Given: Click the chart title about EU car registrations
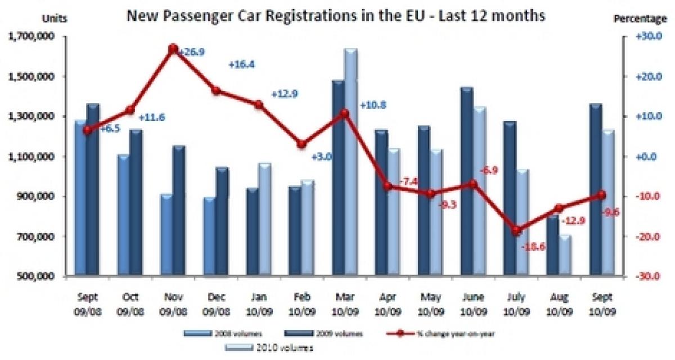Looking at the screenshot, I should pos(335,16).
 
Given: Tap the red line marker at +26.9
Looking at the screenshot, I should pos(173,49).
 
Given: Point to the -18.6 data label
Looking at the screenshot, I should pos(532,246).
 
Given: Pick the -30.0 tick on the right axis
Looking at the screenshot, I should pos(646,277).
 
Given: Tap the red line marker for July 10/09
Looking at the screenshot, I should pos(517,231).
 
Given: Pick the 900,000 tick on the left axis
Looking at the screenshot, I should pos(35,197).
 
